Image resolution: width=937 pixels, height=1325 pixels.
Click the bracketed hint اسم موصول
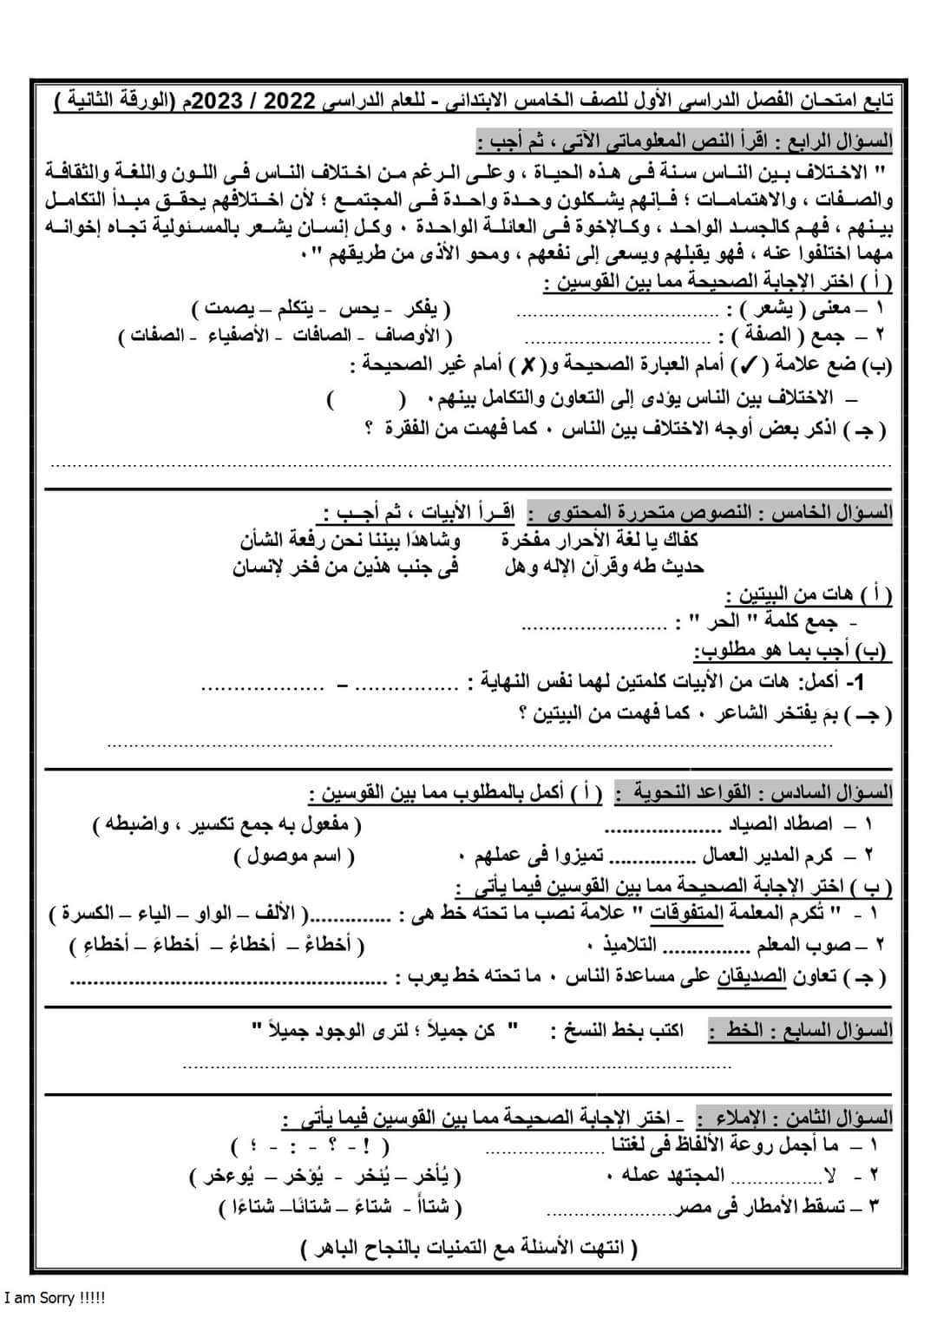[x=295, y=856]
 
